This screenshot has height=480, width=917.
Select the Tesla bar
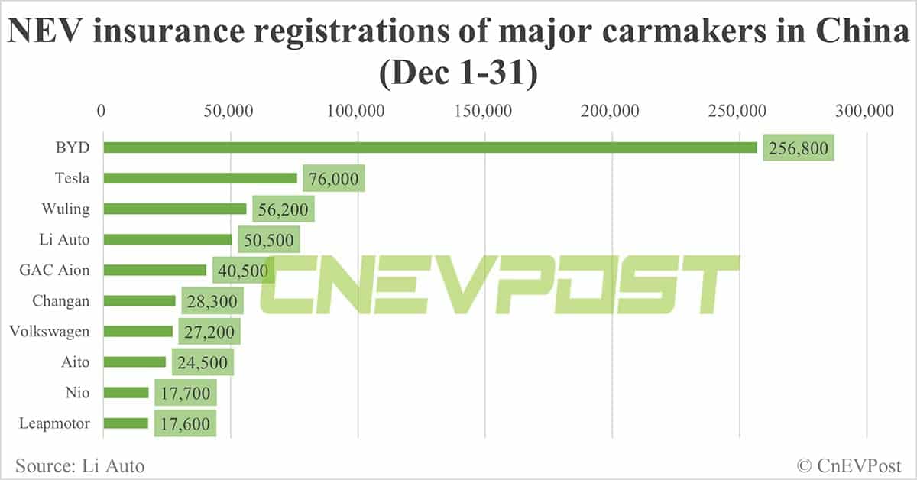(200, 178)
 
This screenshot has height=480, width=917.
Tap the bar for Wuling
(175, 209)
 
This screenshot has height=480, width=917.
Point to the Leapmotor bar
(125, 423)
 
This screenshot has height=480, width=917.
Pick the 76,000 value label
(333, 179)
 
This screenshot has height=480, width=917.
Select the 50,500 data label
(268, 240)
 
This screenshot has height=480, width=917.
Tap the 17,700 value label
(185, 393)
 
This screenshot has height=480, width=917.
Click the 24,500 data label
(203, 362)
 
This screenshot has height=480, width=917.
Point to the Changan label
(60, 300)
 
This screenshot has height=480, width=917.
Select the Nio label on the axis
(78, 392)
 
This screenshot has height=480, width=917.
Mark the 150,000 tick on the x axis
(486, 112)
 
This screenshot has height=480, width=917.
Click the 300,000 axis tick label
(867, 112)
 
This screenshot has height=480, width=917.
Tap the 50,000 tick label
(229, 112)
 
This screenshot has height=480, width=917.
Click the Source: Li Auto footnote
(79, 465)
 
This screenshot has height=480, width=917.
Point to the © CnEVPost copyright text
(849, 465)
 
